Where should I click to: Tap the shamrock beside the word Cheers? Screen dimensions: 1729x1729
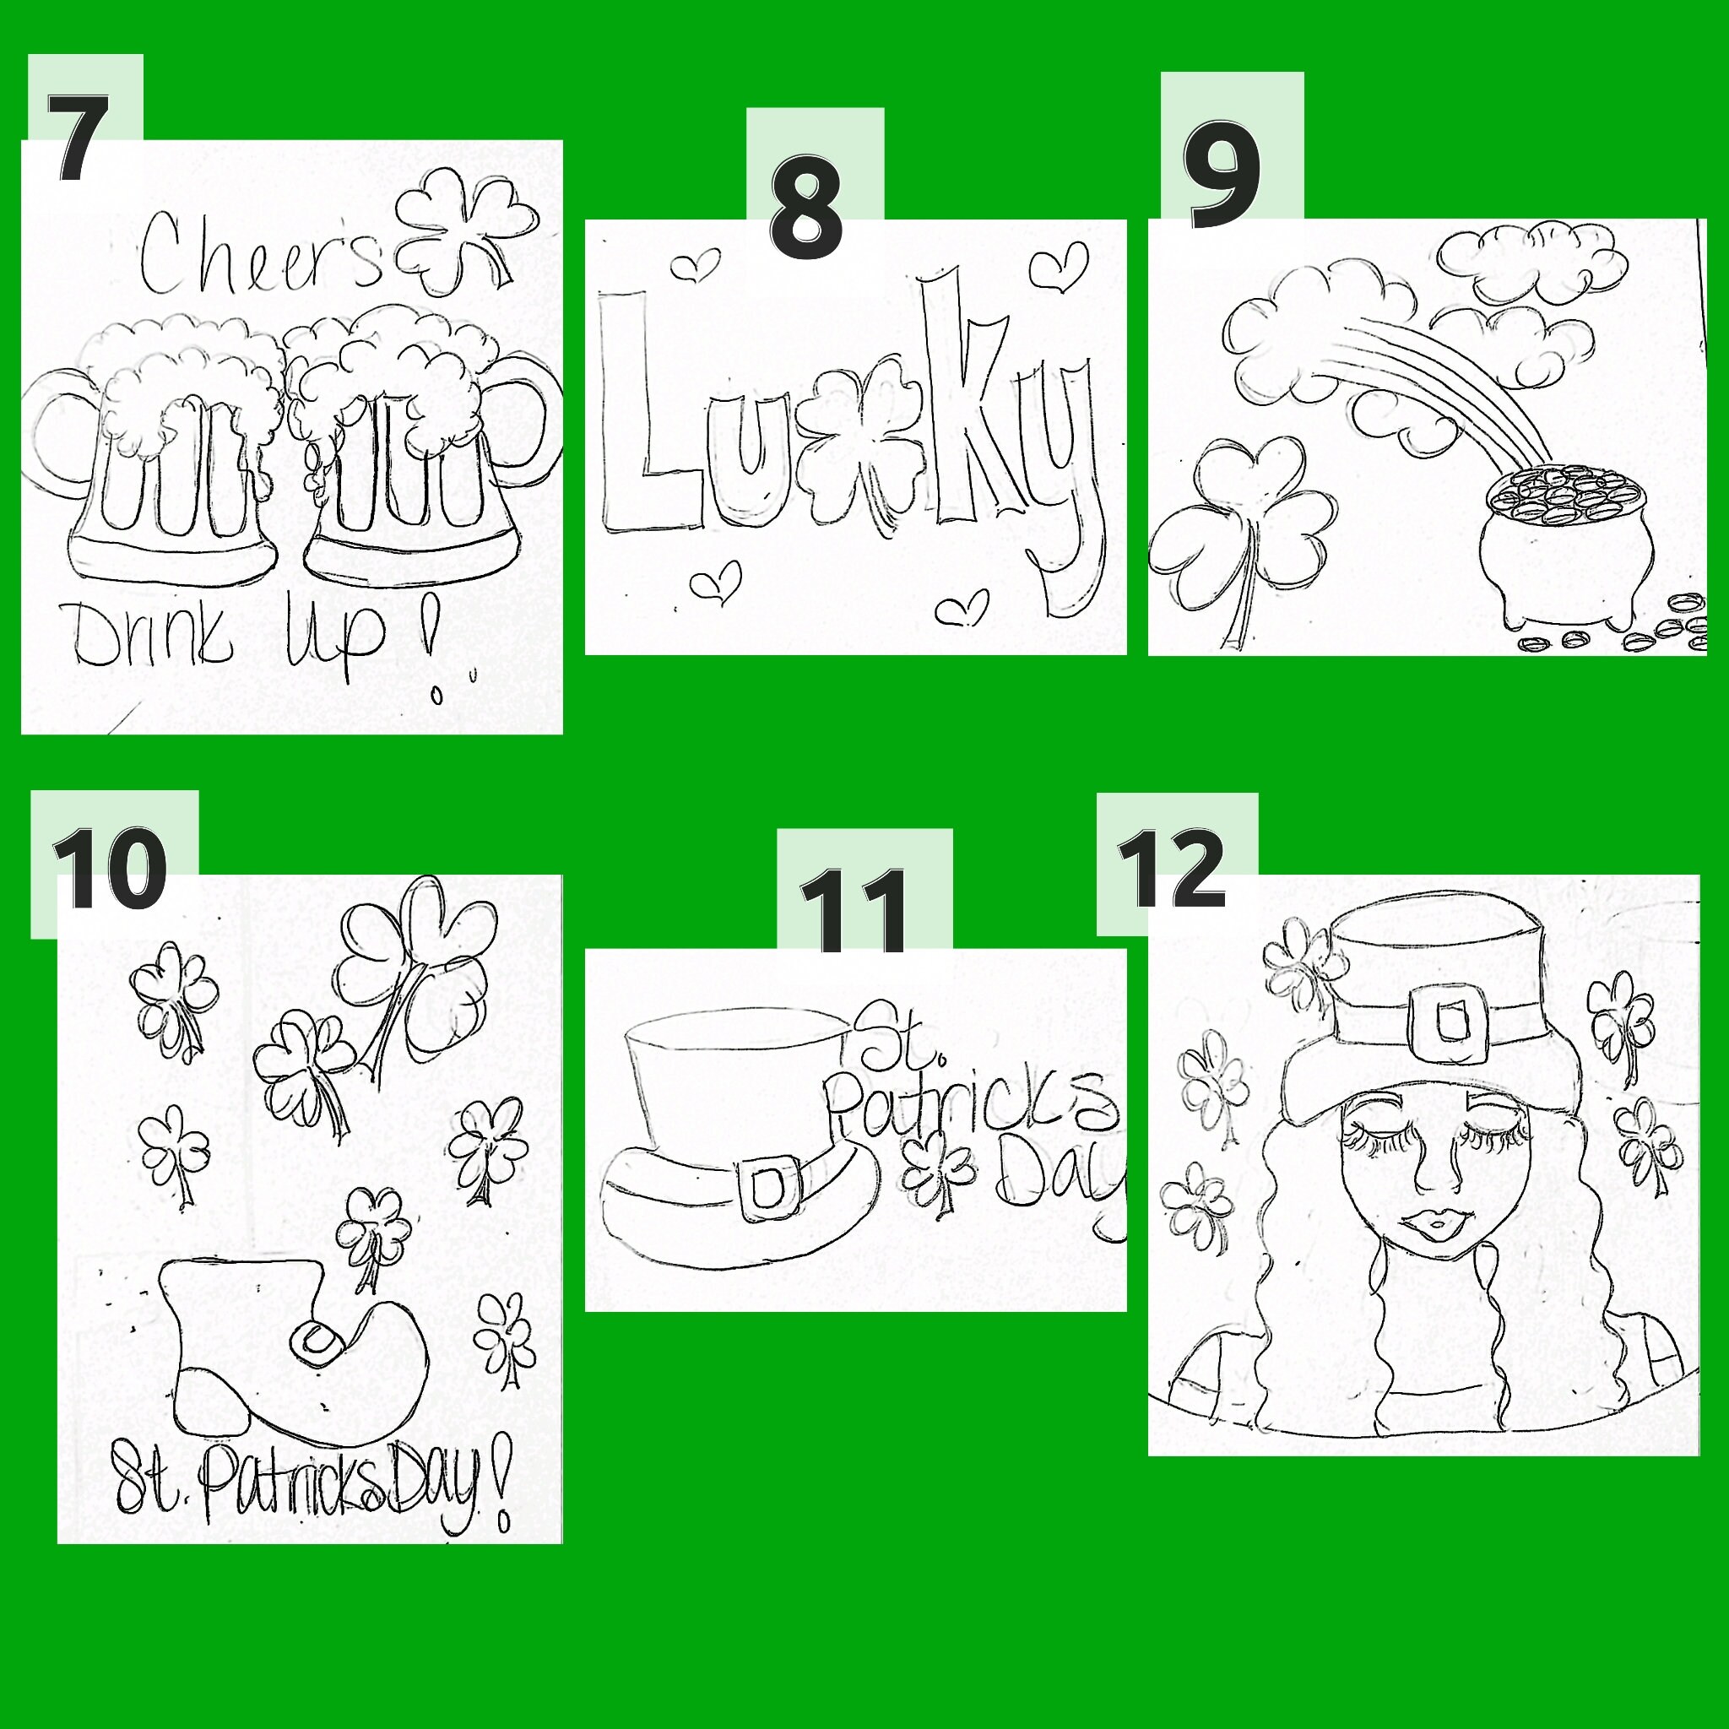point(465,228)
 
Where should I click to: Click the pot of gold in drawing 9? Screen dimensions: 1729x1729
point(1554,546)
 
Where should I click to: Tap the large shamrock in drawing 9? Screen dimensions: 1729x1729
point(1239,528)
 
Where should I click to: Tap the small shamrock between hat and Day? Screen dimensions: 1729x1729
point(939,1172)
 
